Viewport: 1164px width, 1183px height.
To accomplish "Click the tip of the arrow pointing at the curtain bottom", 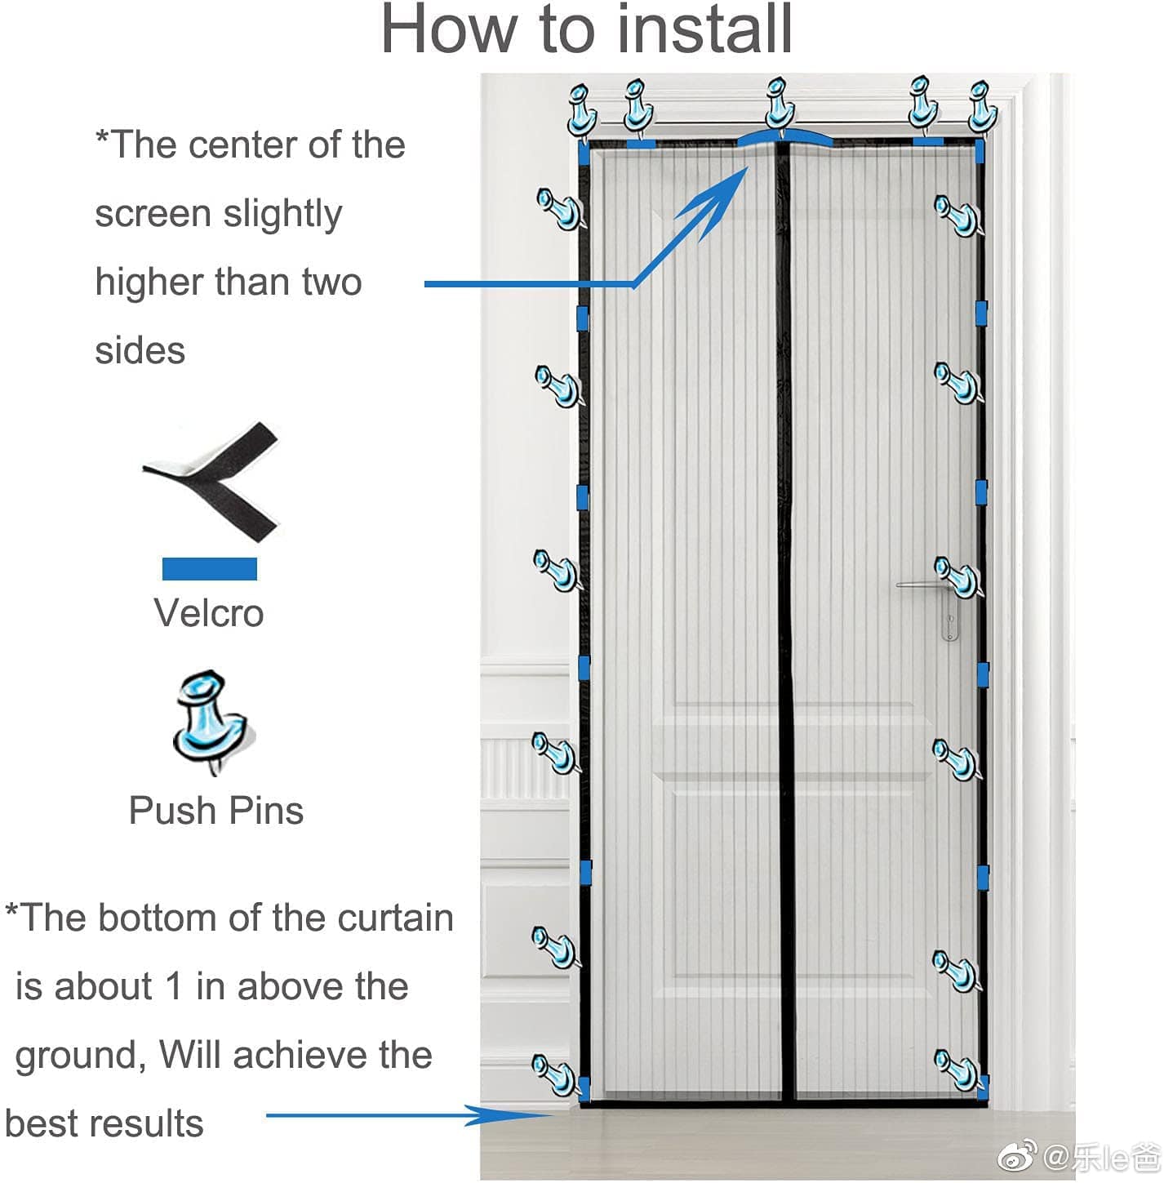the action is [553, 1115].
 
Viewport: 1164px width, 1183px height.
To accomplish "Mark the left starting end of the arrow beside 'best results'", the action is [266, 1115].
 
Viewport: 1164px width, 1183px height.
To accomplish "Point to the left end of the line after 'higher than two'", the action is [424, 283].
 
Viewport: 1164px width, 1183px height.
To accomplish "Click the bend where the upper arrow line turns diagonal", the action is [634, 285].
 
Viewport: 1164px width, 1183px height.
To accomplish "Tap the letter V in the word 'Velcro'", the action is [167, 612].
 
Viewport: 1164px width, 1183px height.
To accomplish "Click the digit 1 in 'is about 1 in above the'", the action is [174, 986].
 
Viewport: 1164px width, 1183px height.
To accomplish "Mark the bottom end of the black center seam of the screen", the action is [789, 1101].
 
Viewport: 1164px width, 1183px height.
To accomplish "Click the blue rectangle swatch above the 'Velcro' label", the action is [209, 568].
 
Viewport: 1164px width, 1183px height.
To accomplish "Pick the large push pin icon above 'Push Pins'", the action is [212, 722].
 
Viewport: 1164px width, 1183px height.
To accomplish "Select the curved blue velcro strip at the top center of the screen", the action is [784, 137].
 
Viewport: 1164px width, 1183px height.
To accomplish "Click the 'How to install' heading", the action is [586, 29].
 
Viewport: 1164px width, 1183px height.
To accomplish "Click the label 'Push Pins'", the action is [216, 811].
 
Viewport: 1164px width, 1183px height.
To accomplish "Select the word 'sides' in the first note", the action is [140, 351].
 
